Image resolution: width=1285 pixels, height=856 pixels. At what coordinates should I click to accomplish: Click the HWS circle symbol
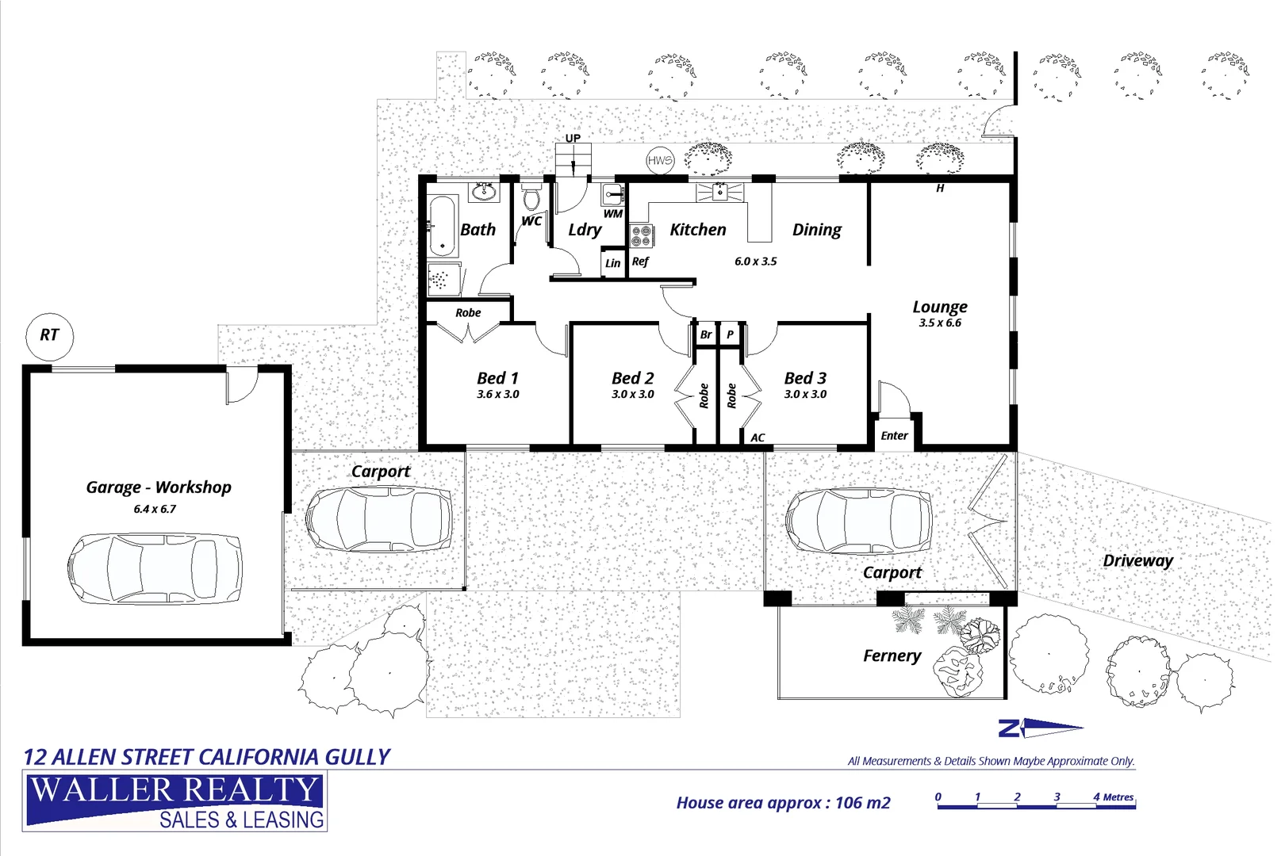coord(659,161)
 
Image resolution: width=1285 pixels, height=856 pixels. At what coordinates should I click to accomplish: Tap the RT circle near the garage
coord(49,335)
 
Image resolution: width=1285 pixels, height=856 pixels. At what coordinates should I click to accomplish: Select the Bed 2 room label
coord(632,379)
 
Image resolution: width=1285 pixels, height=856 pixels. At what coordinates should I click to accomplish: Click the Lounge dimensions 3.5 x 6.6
coord(940,323)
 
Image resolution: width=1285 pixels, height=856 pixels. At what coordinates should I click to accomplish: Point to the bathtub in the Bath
coord(442,226)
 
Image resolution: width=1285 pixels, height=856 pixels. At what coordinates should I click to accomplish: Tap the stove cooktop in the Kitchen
coord(641,235)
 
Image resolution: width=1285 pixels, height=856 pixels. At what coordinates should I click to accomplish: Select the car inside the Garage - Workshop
coord(155,568)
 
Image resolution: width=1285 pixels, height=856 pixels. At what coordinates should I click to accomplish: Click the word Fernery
coord(892,655)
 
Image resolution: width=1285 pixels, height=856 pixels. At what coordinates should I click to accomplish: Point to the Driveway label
coord(1137,560)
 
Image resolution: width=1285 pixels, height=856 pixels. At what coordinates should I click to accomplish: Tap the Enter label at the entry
coord(894,436)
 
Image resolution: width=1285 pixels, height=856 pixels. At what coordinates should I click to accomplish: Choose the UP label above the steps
coord(573,139)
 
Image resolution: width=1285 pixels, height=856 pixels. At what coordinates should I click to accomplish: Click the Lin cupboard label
coord(613,263)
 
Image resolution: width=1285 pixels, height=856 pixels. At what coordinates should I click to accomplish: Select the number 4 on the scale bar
coord(1096,797)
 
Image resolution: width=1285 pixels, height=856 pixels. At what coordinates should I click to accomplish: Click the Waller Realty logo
coord(175,802)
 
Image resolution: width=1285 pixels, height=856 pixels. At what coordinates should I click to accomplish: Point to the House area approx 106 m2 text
coord(783,803)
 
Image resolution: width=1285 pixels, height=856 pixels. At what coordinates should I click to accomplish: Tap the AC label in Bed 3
coord(758,438)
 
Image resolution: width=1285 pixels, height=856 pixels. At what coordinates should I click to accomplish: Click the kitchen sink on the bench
coord(719,192)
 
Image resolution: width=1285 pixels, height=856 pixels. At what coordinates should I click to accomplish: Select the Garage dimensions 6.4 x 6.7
coord(155,509)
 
